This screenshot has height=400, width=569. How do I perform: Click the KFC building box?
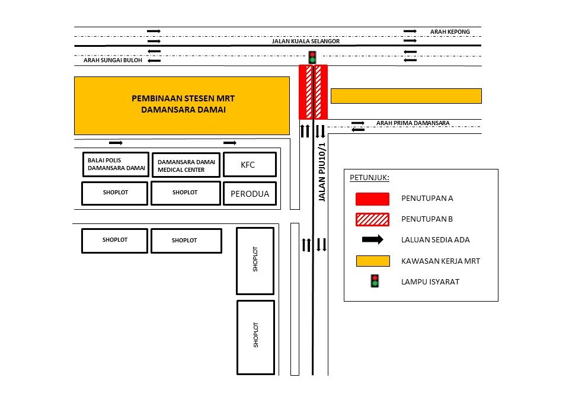point(250,164)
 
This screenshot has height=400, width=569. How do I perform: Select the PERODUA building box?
point(250,193)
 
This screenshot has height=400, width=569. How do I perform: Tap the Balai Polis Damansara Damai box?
point(116,164)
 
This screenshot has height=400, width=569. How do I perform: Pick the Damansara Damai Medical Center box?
point(186,165)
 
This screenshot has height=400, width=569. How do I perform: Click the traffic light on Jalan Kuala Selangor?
point(312,57)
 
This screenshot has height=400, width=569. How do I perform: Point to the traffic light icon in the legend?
point(375,281)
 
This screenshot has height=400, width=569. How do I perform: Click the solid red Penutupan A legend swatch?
point(372,199)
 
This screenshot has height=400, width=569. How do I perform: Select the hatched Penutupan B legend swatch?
point(372,220)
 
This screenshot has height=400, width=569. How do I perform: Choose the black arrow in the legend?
point(372,239)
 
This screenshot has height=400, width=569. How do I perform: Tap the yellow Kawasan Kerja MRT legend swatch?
point(373,261)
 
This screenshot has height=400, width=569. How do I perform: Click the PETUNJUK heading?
point(369,178)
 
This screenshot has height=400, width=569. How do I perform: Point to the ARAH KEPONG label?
point(450,32)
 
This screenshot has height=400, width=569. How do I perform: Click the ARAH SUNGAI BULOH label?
point(113,60)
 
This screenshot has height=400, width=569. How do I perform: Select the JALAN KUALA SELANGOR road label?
point(306,41)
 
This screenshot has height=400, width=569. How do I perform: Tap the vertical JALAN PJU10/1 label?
point(322,172)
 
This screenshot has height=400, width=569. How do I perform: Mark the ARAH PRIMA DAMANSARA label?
point(413,123)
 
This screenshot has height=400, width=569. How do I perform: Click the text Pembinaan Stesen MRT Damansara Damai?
point(183,104)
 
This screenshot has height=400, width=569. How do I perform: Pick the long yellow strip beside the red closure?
point(406,96)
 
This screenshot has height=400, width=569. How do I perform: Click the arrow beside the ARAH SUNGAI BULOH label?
point(154,60)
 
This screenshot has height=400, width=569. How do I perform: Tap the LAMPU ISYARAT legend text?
point(430,281)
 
